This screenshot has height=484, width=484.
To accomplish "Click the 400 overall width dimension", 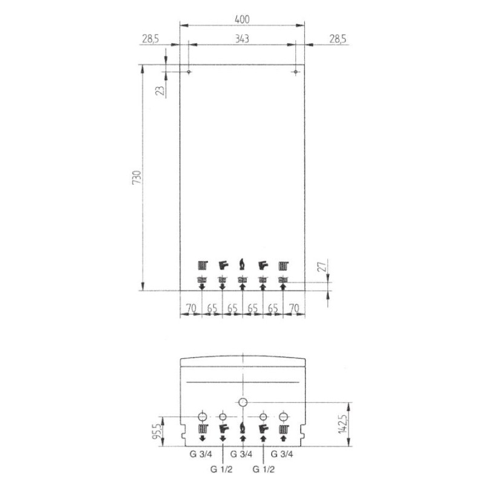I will point(242,19).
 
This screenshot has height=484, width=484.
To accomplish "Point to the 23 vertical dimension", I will point(160,91).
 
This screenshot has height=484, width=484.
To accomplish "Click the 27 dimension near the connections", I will point(322,266).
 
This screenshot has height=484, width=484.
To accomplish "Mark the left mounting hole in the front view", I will point(189,72).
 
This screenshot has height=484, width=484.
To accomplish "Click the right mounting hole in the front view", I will point(295,72).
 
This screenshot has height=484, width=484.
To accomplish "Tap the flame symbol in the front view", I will point(242,264).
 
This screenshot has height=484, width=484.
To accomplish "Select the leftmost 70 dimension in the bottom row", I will point(191,308).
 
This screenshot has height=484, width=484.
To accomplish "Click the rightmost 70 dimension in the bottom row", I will point(294,308).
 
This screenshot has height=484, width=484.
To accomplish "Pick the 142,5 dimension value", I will point(344,425).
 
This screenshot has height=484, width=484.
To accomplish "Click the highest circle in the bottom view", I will point(243,402).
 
